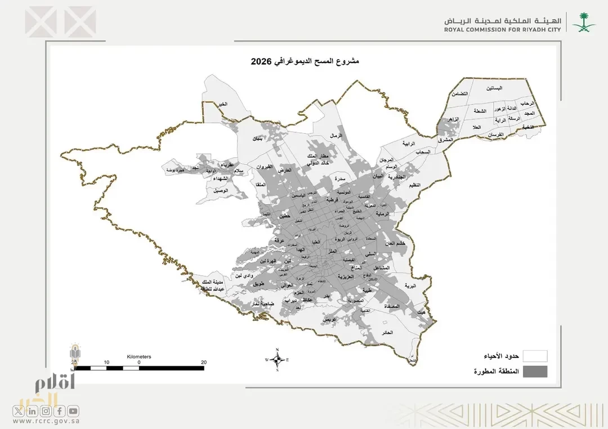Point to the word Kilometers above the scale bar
click(x=139, y=357)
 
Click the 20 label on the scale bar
click(x=203, y=363)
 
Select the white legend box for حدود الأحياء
click(x=534, y=356)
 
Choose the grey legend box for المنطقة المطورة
click(x=534, y=372)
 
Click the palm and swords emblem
click(x=582, y=22)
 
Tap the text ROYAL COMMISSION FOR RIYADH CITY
click(x=502, y=30)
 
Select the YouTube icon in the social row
click(x=74, y=411)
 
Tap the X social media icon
click(x=19, y=411)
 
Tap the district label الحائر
click(x=403, y=333)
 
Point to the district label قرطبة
click(x=332, y=200)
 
